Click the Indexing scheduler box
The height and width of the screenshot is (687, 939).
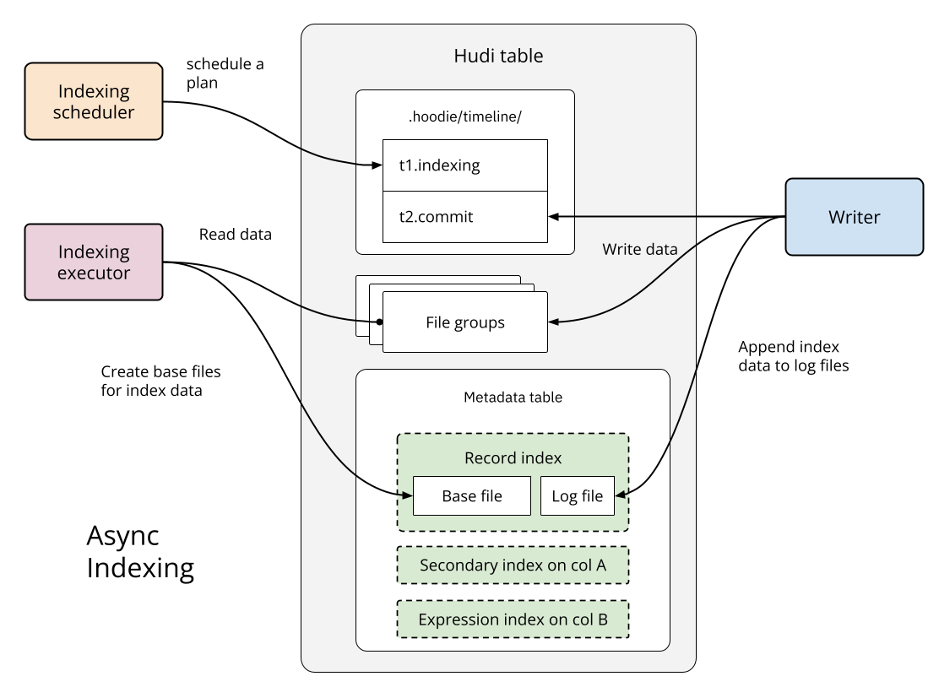tap(94, 100)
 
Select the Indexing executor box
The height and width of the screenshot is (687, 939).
tap(94, 262)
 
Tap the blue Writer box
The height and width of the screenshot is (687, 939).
tap(854, 217)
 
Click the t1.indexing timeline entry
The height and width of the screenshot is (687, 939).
tap(464, 165)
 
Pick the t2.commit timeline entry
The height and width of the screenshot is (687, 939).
tap(464, 217)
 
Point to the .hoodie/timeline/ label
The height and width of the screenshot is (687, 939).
tap(465, 117)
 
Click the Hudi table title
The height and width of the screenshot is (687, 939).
tap(498, 57)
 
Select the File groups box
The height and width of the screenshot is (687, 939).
tap(464, 322)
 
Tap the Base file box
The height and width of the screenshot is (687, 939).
tap(471, 495)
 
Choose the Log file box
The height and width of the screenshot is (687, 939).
tap(578, 495)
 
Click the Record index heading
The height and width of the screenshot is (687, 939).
tap(513, 457)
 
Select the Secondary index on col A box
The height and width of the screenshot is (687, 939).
tap(513, 565)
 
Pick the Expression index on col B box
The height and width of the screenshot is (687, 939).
tap(513, 620)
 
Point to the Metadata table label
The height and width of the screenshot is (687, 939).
tap(513, 397)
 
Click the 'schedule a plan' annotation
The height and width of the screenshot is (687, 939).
tap(225, 73)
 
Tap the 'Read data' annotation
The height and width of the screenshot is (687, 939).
tap(235, 235)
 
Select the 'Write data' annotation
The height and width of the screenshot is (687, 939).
tap(639, 250)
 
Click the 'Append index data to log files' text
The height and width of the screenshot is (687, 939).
tap(793, 356)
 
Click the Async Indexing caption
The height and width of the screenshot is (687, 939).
tap(140, 552)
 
